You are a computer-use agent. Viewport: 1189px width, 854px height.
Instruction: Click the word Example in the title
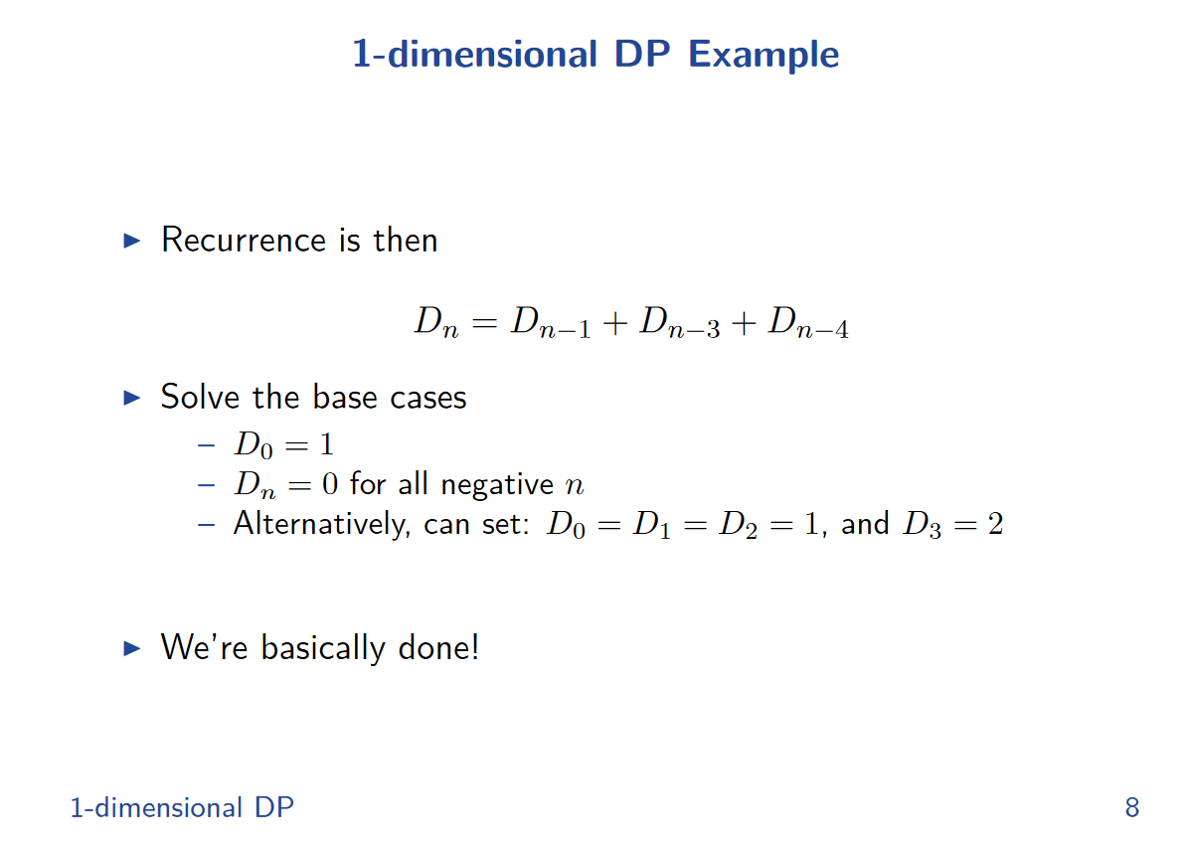pyautogui.click(x=763, y=56)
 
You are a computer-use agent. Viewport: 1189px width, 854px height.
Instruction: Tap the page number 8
pyautogui.click(x=1132, y=807)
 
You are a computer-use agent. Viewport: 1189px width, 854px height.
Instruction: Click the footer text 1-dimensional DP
pyautogui.click(x=182, y=807)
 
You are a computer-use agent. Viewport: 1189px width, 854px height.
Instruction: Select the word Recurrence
pyautogui.click(x=244, y=241)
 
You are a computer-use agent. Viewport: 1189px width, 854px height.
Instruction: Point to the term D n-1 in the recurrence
pyautogui.click(x=551, y=322)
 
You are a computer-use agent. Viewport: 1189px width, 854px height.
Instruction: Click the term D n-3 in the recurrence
pyautogui.click(x=679, y=322)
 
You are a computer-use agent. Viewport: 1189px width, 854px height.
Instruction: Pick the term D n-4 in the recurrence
pyautogui.click(x=808, y=322)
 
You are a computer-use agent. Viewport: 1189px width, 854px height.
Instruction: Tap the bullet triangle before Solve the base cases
pyautogui.click(x=132, y=398)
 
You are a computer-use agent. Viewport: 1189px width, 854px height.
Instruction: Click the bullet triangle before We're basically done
pyautogui.click(x=132, y=647)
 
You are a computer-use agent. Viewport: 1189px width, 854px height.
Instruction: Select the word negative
pyautogui.click(x=497, y=484)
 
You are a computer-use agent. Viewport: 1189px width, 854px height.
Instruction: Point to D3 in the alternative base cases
pyautogui.click(x=923, y=525)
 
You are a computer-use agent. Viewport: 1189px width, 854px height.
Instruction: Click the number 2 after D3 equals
pyautogui.click(x=995, y=524)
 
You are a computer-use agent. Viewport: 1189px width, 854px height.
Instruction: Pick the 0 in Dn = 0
pyautogui.click(x=330, y=484)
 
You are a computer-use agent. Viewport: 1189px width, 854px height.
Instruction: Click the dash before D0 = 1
pyautogui.click(x=206, y=445)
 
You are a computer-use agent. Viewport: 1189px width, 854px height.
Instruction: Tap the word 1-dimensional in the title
pyautogui.click(x=475, y=56)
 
